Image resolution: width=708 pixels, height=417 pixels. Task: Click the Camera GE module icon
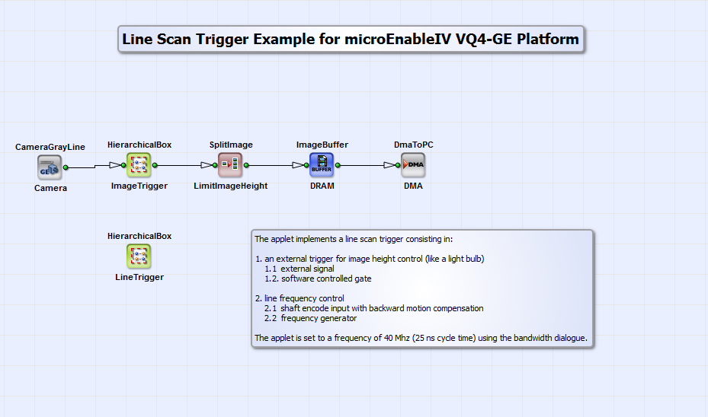[x=50, y=166]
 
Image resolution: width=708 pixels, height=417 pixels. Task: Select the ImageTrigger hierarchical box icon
[x=139, y=164]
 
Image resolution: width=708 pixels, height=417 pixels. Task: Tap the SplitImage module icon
[x=230, y=164]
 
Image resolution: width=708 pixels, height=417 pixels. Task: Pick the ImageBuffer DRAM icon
[x=322, y=164]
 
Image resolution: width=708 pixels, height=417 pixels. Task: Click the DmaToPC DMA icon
[x=413, y=164]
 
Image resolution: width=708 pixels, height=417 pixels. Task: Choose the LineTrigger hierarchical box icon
[x=139, y=256]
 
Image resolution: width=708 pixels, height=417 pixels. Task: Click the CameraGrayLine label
[x=50, y=147]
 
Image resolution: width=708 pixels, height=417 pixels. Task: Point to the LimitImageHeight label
[x=231, y=185]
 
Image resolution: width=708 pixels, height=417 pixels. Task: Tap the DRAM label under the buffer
[x=322, y=185]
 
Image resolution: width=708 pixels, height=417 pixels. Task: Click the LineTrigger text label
[x=139, y=277]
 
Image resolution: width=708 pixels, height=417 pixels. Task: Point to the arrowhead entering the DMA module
[x=390, y=165]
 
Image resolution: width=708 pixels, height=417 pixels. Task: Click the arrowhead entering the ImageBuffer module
[x=299, y=165]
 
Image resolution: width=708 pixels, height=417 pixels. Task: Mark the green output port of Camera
[x=66, y=167]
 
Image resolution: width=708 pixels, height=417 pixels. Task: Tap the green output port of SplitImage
[x=247, y=164]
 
